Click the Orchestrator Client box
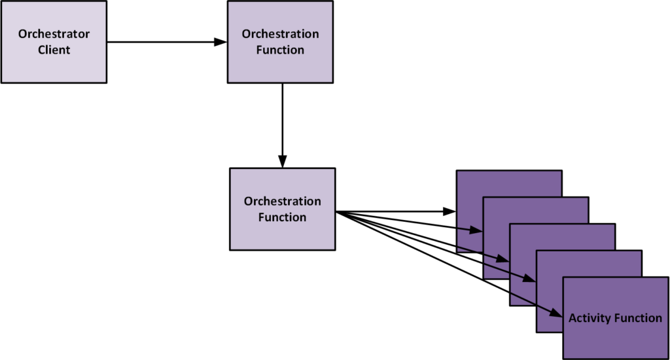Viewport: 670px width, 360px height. click(x=54, y=41)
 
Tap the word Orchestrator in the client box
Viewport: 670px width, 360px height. click(x=54, y=34)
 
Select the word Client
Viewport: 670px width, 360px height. click(x=54, y=50)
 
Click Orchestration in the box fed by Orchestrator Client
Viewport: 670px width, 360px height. click(x=281, y=34)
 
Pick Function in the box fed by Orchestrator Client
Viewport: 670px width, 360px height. click(x=281, y=50)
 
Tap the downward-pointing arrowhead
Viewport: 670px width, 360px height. click(x=282, y=162)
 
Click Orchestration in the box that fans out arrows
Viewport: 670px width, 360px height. click(x=283, y=202)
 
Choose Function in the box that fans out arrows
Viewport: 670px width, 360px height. click(x=283, y=217)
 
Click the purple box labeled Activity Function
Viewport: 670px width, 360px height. click(x=615, y=317)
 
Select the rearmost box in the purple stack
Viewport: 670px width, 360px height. click(x=508, y=183)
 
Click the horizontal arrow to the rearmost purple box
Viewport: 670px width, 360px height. click(x=393, y=211)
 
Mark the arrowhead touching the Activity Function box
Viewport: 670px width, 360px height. click(x=557, y=315)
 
